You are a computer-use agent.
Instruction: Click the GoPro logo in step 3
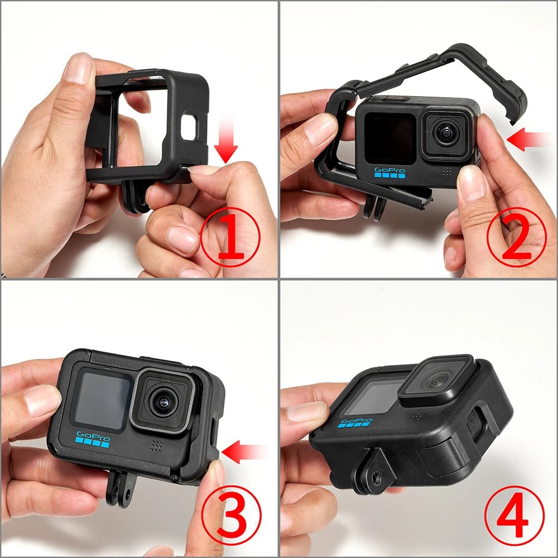pyautogui.click(x=93, y=441)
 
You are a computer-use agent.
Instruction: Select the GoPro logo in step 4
pyautogui.click(x=357, y=422)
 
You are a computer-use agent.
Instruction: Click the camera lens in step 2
pyautogui.click(x=445, y=134)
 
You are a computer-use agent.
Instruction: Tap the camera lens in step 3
pyautogui.click(x=162, y=401)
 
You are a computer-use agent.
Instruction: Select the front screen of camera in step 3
pyautogui.click(x=103, y=400)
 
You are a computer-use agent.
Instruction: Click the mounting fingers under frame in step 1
pyautogui.click(x=135, y=195)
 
